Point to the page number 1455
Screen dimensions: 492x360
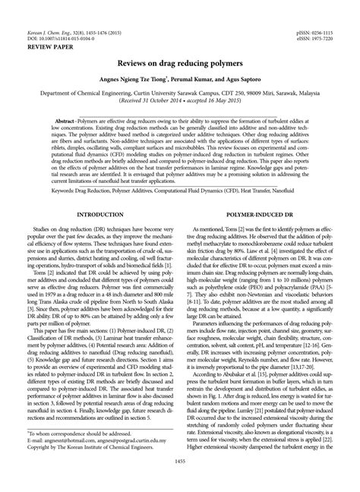tap(180, 483)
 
